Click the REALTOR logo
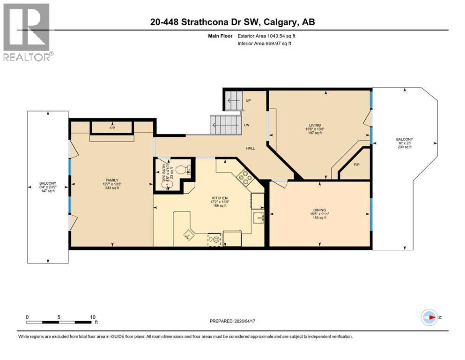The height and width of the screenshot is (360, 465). coord(27,32)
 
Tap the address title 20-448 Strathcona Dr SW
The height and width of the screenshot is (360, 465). coord(232,22)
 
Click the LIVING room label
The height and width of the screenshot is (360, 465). coord(315,125)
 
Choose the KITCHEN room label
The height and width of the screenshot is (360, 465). coord(219,198)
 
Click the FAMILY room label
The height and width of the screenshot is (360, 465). coord(111,180)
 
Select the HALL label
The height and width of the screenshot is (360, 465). coord(251,148)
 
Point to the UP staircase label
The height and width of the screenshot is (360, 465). coord(248,100)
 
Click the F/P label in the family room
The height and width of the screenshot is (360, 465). coord(112,127)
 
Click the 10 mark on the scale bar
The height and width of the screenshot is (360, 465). coord(93,317)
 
